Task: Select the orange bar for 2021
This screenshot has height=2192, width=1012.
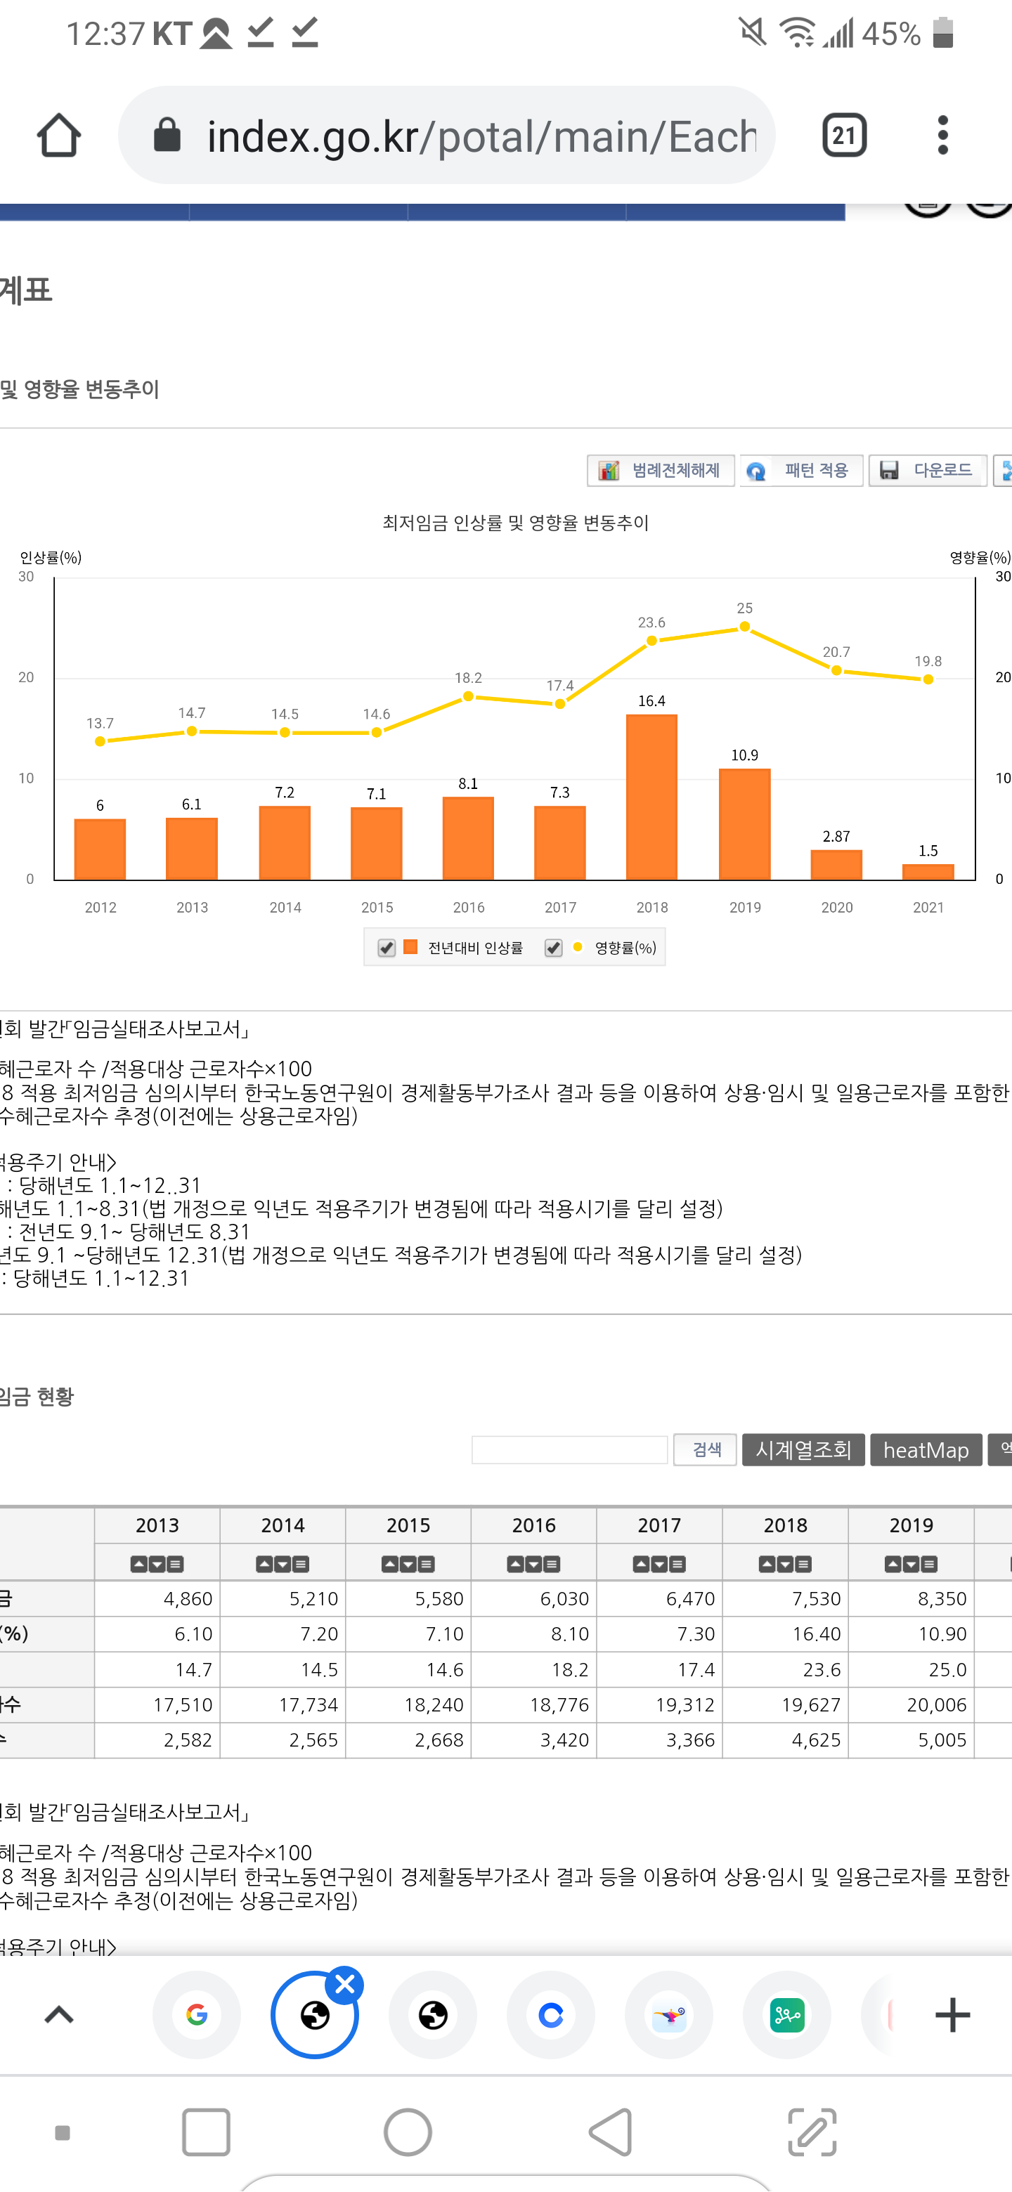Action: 928,871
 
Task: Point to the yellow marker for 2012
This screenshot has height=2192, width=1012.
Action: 100,741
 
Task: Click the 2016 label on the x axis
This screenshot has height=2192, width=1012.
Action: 468,907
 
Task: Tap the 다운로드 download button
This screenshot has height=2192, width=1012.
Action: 928,471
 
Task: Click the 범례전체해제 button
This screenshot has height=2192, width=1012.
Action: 661,471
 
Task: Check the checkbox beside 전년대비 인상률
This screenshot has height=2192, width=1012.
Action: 387,948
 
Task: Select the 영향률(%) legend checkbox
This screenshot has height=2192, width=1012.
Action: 553,948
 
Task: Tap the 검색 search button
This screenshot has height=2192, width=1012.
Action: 706,1449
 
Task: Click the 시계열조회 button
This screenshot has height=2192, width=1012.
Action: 803,1449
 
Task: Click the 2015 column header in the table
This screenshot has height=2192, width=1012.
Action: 408,1525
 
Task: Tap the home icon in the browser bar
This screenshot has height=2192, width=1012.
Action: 59,136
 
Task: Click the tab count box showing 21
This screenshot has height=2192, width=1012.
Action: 844,136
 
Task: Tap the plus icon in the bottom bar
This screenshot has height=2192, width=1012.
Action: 952,2015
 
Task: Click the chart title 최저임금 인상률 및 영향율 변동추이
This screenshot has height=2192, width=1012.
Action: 516,523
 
